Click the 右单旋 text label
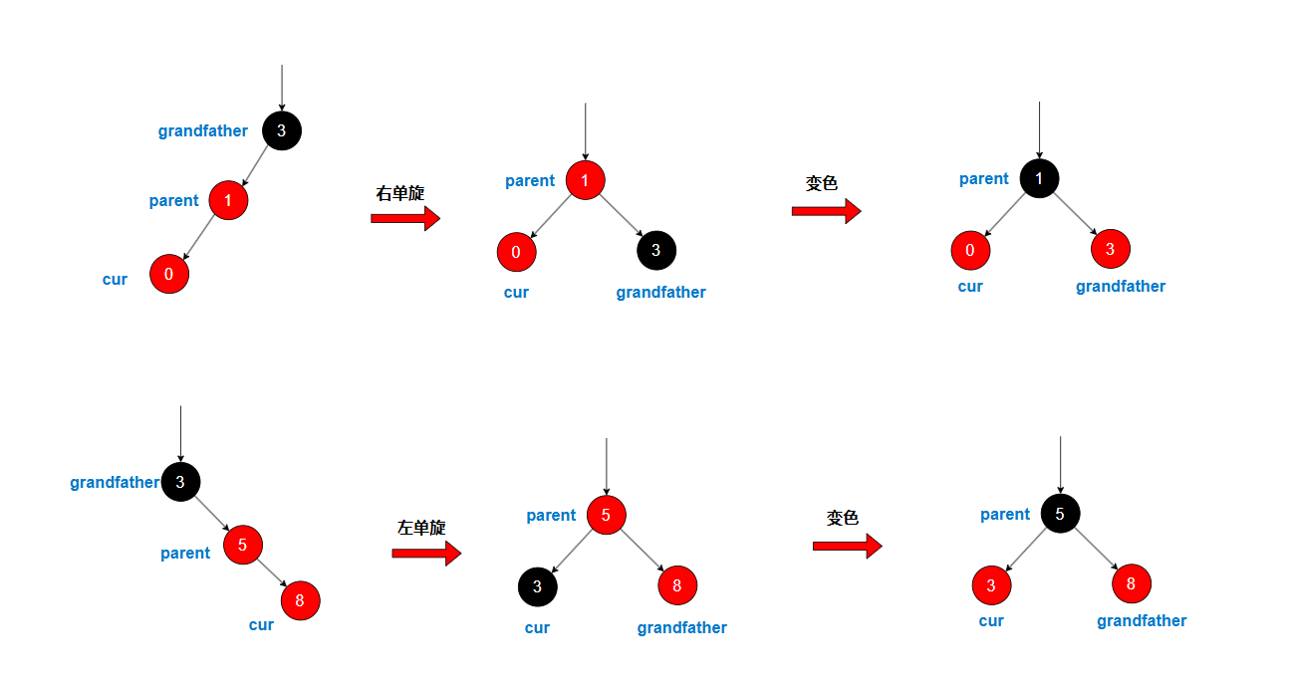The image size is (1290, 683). (399, 193)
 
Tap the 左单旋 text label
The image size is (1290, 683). (420, 528)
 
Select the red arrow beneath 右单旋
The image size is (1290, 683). (405, 218)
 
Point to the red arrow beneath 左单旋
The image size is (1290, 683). (426, 552)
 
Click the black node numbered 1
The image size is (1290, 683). (1039, 179)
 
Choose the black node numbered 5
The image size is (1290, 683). (1060, 514)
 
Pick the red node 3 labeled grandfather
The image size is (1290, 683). (1110, 249)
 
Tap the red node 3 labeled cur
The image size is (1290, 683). (991, 584)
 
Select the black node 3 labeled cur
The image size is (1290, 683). (537, 586)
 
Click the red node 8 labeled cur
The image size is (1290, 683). (300, 600)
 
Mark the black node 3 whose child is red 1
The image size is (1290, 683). (281, 130)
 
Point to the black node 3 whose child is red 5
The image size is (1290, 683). (180, 482)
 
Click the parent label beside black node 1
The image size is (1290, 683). (984, 179)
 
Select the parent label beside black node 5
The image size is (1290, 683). (1005, 515)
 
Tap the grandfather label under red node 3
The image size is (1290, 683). (1121, 287)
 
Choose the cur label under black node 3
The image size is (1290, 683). (537, 628)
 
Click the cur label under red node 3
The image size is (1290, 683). (991, 621)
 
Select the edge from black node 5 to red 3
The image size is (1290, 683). (1026, 549)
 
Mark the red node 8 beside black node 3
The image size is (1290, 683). (676, 585)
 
